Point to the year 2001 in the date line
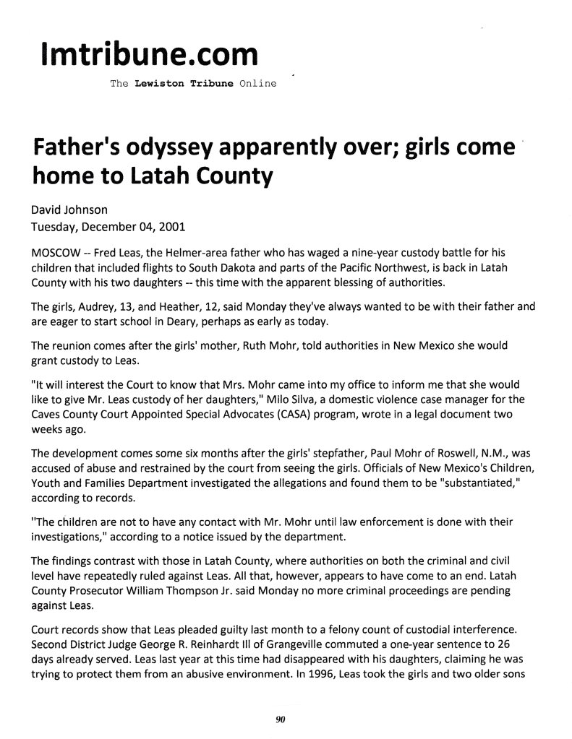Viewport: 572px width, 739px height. pyautogui.click(x=171, y=226)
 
